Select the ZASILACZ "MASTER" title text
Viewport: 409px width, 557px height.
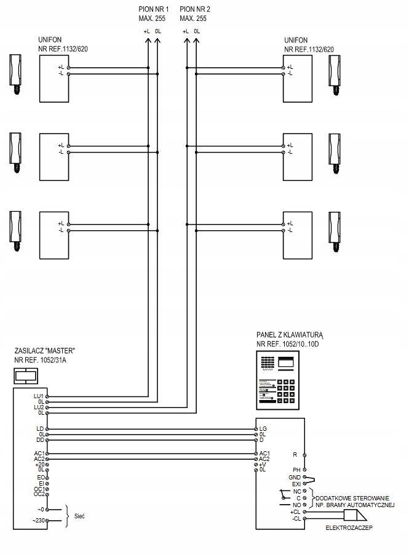coord(44,350)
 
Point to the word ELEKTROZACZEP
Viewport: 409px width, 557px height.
coord(349,527)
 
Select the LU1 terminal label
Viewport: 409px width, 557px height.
coord(39,396)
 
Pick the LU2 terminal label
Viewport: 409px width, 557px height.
coord(39,407)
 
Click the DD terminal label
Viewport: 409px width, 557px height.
coord(40,440)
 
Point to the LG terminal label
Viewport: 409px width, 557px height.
coord(264,428)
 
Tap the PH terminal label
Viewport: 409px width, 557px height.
coord(296,470)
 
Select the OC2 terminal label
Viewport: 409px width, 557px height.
coord(38,494)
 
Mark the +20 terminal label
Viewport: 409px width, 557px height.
coord(39,465)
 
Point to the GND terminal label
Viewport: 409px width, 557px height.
coord(294,478)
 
